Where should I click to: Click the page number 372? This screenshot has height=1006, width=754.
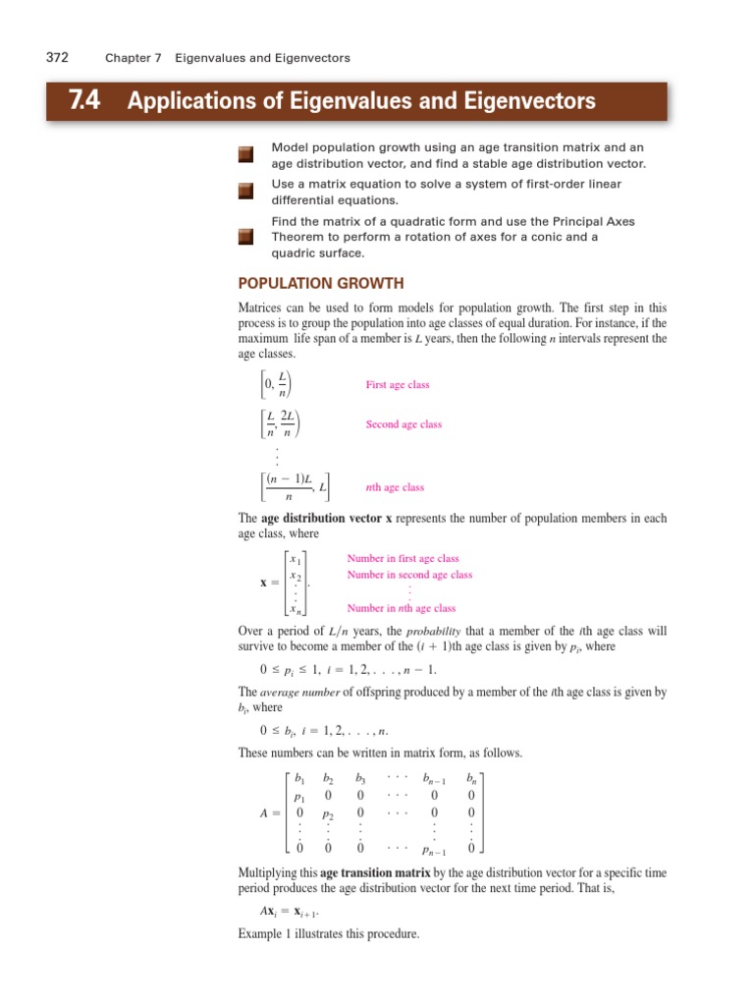57,58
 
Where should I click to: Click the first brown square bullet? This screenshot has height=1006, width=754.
245,154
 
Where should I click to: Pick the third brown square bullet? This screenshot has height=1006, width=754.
245,237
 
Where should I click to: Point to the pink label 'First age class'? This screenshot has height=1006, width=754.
398,385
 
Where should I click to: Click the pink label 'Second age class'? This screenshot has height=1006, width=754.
404,424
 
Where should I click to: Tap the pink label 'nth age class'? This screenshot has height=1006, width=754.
395,487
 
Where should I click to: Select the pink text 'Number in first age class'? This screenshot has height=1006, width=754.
403,558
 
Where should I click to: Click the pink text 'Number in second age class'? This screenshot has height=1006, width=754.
409,575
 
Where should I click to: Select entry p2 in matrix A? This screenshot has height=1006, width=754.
330,814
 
